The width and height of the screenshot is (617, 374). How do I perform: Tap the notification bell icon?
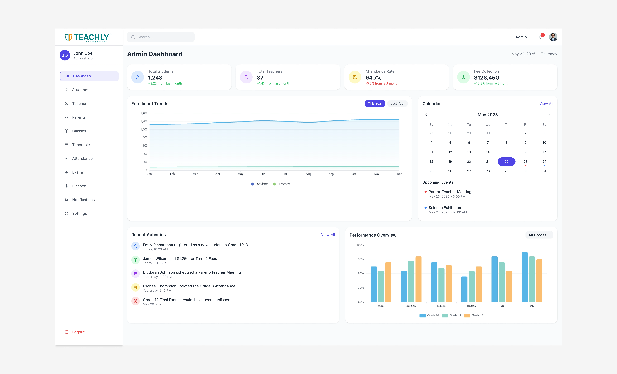tap(540, 37)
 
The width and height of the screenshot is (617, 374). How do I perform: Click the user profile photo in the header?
tap(553, 37)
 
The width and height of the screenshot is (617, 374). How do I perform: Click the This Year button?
tap(375, 104)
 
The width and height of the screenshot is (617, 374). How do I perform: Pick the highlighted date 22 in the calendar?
tap(506, 162)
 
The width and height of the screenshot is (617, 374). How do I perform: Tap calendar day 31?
tap(544, 171)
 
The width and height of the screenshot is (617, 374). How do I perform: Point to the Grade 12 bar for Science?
tap(418, 279)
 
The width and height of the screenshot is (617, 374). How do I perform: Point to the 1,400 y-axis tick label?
tap(144, 113)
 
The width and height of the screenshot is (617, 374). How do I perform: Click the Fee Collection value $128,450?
tap(486, 78)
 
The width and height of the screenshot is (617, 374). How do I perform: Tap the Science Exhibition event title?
tap(445, 208)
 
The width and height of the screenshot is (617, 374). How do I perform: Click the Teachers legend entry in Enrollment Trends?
tap(281, 184)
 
